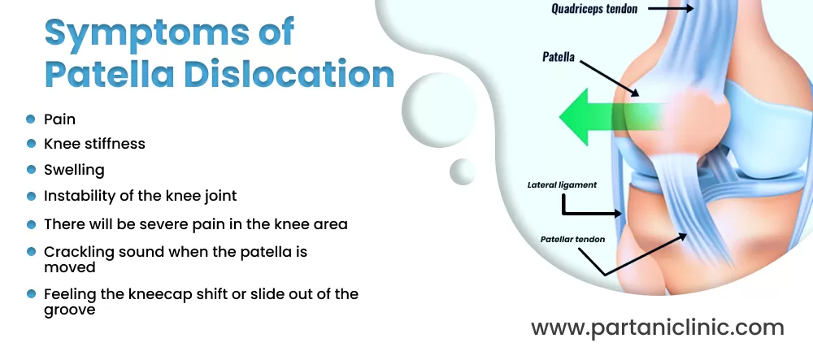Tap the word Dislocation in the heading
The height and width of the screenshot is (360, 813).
pyautogui.click(x=289, y=74)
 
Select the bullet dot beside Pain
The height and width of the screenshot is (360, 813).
pyautogui.click(x=31, y=119)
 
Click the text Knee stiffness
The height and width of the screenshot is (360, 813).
pyautogui.click(x=94, y=144)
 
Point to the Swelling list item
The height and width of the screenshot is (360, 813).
pyautogui.click(x=74, y=170)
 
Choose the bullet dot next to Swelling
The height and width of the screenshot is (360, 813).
pyautogui.click(x=31, y=169)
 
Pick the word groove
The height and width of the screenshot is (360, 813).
pyautogui.click(x=69, y=310)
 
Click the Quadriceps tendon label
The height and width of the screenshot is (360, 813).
pyautogui.click(x=594, y=9)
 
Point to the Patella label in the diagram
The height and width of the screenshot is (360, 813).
pyautogui.click(x=559, y=56)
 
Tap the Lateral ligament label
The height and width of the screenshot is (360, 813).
pyautogui.click(x=562, y=185)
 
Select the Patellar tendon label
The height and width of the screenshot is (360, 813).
pyautogui.click(x=572, y=240)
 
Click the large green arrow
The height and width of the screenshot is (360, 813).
pyautogui.click(x=612, y=116)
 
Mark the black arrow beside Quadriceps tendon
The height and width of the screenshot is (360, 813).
pyautogui.click(x=671, y=8)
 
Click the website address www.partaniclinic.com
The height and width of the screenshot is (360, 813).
pyautogui.click(x=658, y=327)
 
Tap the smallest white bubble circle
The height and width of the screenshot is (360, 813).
pyautogui.click(x=463, y=171)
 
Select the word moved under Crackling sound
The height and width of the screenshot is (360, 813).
pyautogui.click(x=69, y=267)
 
